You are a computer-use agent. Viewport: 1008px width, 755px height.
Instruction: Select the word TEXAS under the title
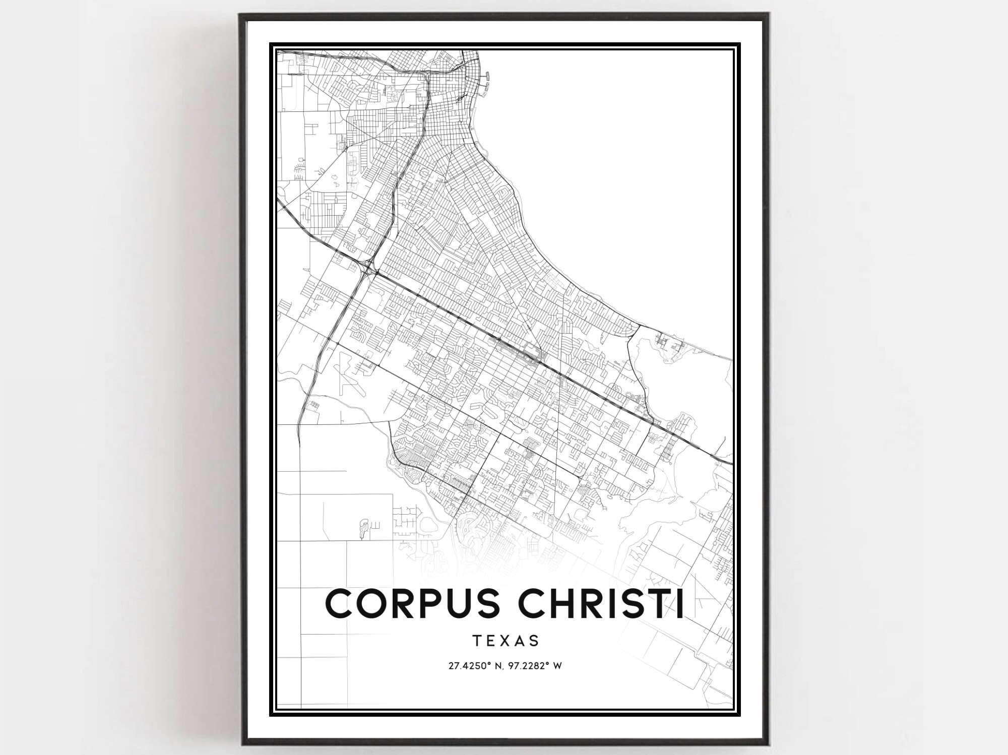point(506,641)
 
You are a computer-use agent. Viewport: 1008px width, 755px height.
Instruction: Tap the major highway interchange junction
point(369,267)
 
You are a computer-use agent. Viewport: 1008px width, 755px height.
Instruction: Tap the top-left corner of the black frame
point(240,14)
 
